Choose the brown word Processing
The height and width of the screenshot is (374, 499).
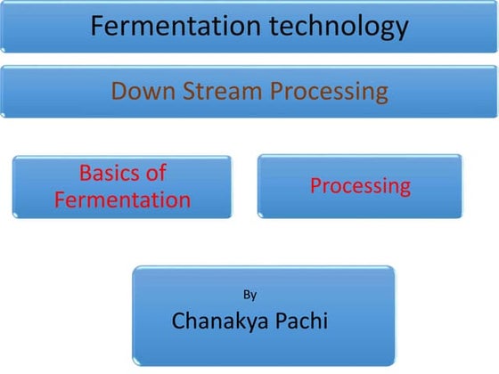[324, 91]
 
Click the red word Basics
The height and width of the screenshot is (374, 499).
[110, 173]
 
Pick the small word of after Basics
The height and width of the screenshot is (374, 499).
[155, 173]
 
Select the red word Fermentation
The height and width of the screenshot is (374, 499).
[122, 199]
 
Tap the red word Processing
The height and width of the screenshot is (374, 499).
[360, 186]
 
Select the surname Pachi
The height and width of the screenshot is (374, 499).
[299, 321]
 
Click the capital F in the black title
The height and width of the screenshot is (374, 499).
[97, 27]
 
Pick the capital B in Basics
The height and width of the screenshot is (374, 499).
[85, 173]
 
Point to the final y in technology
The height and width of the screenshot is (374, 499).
[401, 30]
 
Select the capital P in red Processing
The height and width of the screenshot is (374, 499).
[315, 186]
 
